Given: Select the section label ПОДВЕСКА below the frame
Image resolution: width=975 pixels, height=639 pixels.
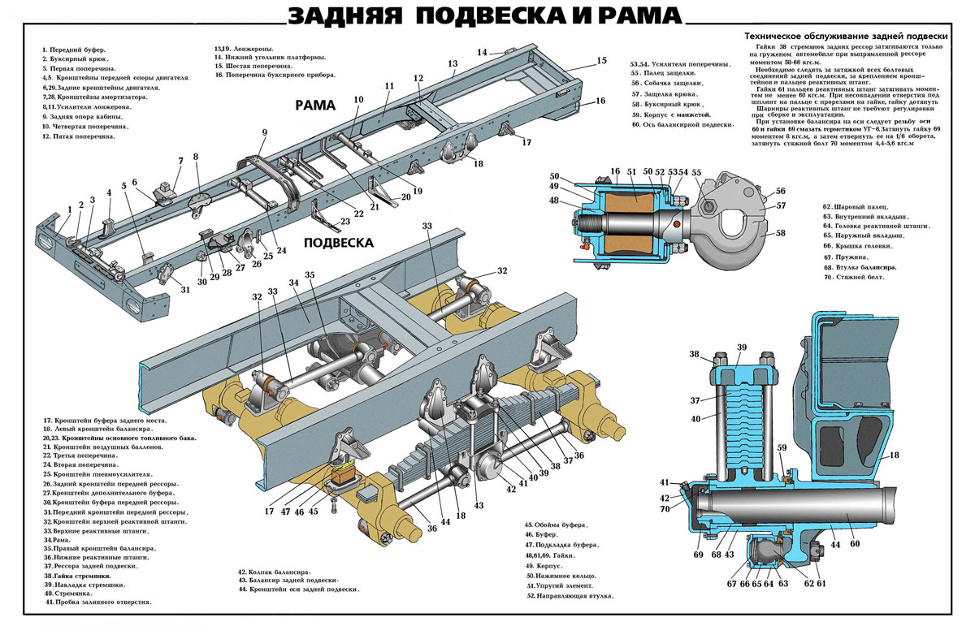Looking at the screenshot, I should [338, 243].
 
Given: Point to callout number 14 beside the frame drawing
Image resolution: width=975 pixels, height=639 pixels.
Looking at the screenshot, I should [482, 53].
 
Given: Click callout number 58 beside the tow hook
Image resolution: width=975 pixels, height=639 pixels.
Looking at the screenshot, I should [781, 233].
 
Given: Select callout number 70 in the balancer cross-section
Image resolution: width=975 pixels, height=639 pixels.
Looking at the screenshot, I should [665, 509].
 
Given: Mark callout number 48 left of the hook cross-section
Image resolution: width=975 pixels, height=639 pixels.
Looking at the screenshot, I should [554, 200].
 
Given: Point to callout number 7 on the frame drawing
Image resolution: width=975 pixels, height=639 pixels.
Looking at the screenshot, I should [180, 160].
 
